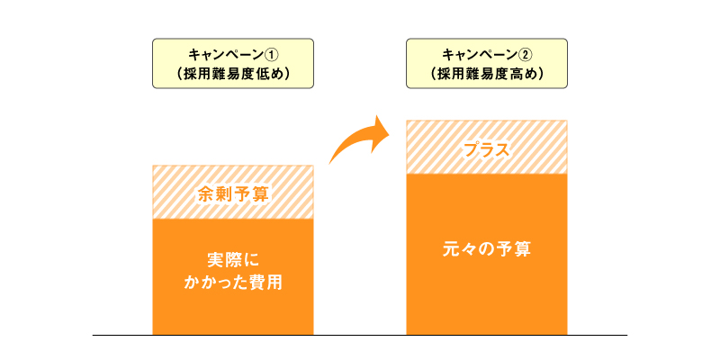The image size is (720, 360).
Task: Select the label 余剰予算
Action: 233,195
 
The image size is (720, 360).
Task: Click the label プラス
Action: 487,150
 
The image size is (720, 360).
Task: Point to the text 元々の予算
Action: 487,249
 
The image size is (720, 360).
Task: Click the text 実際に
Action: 233,261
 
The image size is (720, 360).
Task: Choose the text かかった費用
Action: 233,283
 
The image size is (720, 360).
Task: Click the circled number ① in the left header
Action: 273,55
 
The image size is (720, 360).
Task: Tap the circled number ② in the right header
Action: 526,55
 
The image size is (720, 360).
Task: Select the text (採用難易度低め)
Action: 233,74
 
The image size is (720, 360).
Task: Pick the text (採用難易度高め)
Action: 487,74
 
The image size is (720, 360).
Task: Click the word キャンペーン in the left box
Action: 227,55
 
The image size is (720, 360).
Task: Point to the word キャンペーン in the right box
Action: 481,55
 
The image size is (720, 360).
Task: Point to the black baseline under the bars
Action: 360,335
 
